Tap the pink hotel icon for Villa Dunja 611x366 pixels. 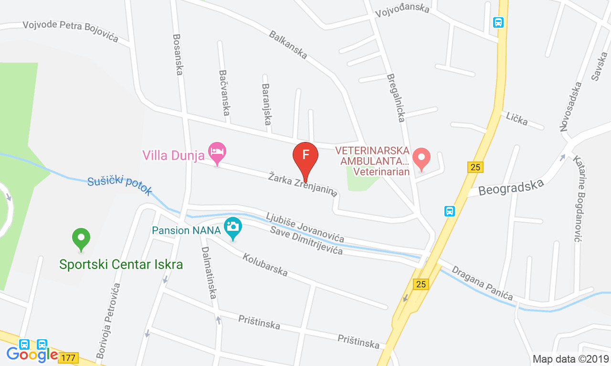(x=217, y=151)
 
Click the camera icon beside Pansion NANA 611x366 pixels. (x=233, y=227)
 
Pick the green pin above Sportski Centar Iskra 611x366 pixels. (x=81, y=237)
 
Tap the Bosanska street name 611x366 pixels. (x=178, y=54)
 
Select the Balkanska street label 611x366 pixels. (x=288, y=45)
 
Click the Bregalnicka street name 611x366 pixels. (x=396, y=97)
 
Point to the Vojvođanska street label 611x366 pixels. (x=402, y=10)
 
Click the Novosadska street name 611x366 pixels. (x=571, y=107)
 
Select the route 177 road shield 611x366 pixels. (x=68, y=357)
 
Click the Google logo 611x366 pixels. (x=32, y=355)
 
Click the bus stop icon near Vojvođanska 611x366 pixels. (x=498, y=22)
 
